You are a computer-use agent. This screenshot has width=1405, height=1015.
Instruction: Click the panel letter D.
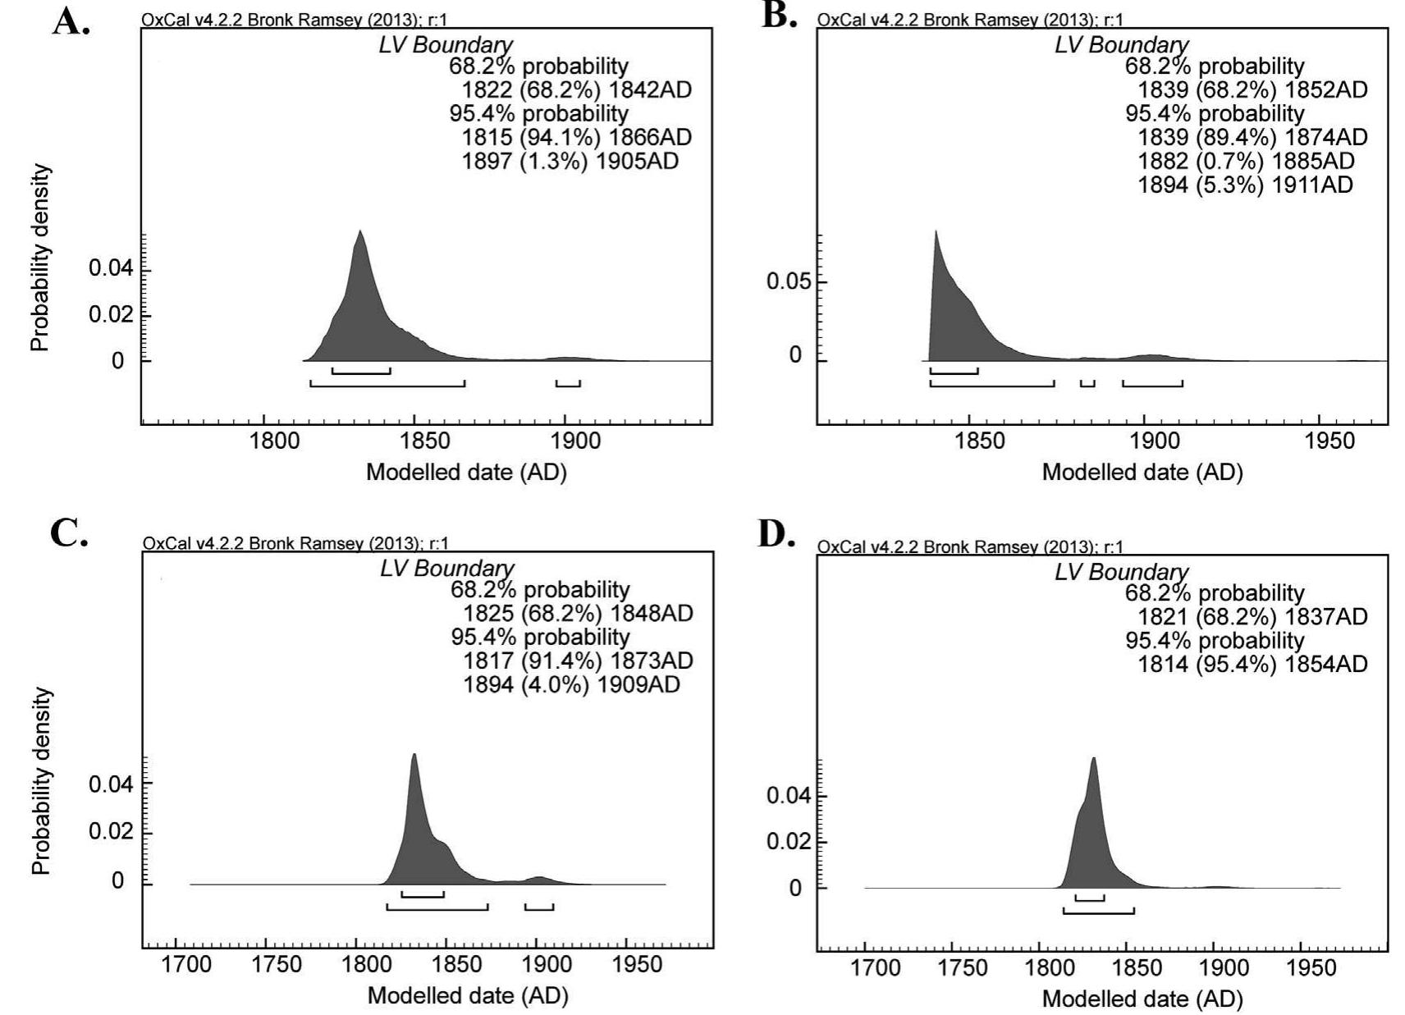pos(776,534)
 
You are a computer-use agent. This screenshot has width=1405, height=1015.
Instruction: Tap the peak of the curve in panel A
pos(359,232)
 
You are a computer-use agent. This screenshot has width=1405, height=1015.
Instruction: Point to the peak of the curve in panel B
pos(935,232)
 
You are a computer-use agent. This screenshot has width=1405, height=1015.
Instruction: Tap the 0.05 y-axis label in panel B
pos(787,282)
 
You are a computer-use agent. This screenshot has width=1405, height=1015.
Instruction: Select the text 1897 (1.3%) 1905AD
pos(570,162)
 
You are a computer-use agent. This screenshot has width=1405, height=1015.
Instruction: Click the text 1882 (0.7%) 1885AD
pos(1246,161)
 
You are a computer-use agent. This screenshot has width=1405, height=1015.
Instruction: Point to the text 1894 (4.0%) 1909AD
pos(571,684)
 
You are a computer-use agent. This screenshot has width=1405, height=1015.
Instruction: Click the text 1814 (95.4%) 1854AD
pos(1252,664)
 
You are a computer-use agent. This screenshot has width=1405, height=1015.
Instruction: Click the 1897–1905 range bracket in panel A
pos(568,383)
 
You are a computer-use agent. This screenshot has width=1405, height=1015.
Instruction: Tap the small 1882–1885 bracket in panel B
pos(1087,383)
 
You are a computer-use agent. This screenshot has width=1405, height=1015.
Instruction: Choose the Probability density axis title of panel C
pos(41,780)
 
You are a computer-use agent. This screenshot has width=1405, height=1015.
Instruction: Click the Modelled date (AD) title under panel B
pos(1142,473)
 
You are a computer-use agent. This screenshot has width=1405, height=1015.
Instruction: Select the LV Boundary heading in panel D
pos(1121,572)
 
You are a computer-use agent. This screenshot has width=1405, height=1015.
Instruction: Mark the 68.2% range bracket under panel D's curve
pos(1090,898)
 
